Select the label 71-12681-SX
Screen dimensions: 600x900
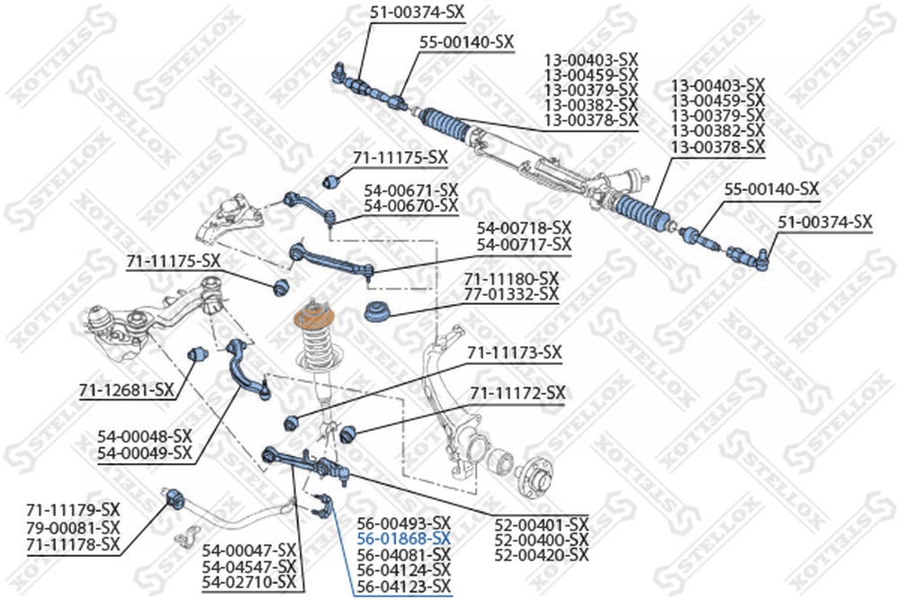tap(127, 390)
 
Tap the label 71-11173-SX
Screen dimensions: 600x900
tap(514, 352)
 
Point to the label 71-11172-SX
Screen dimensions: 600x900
tap(518, 393)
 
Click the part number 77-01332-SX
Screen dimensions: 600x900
tap(510, 294)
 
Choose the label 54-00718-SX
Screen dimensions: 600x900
tap(524, 228)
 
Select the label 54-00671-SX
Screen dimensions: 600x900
tap(411, 191)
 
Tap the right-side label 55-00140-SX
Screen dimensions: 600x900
tap(771, 189)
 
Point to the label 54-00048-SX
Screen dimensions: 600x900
tap(146, 436)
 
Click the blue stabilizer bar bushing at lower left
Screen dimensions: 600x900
tap(174, 496)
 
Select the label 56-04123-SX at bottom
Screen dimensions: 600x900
tap(403, 586)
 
